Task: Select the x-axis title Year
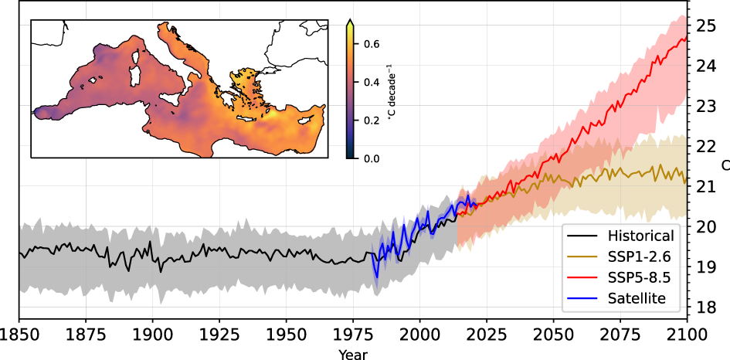pos(353,354)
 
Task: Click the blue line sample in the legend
pos(582,297)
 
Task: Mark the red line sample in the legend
pos(582,277)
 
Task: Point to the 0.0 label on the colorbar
pos(371,158)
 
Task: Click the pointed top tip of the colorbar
pos(351,20)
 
